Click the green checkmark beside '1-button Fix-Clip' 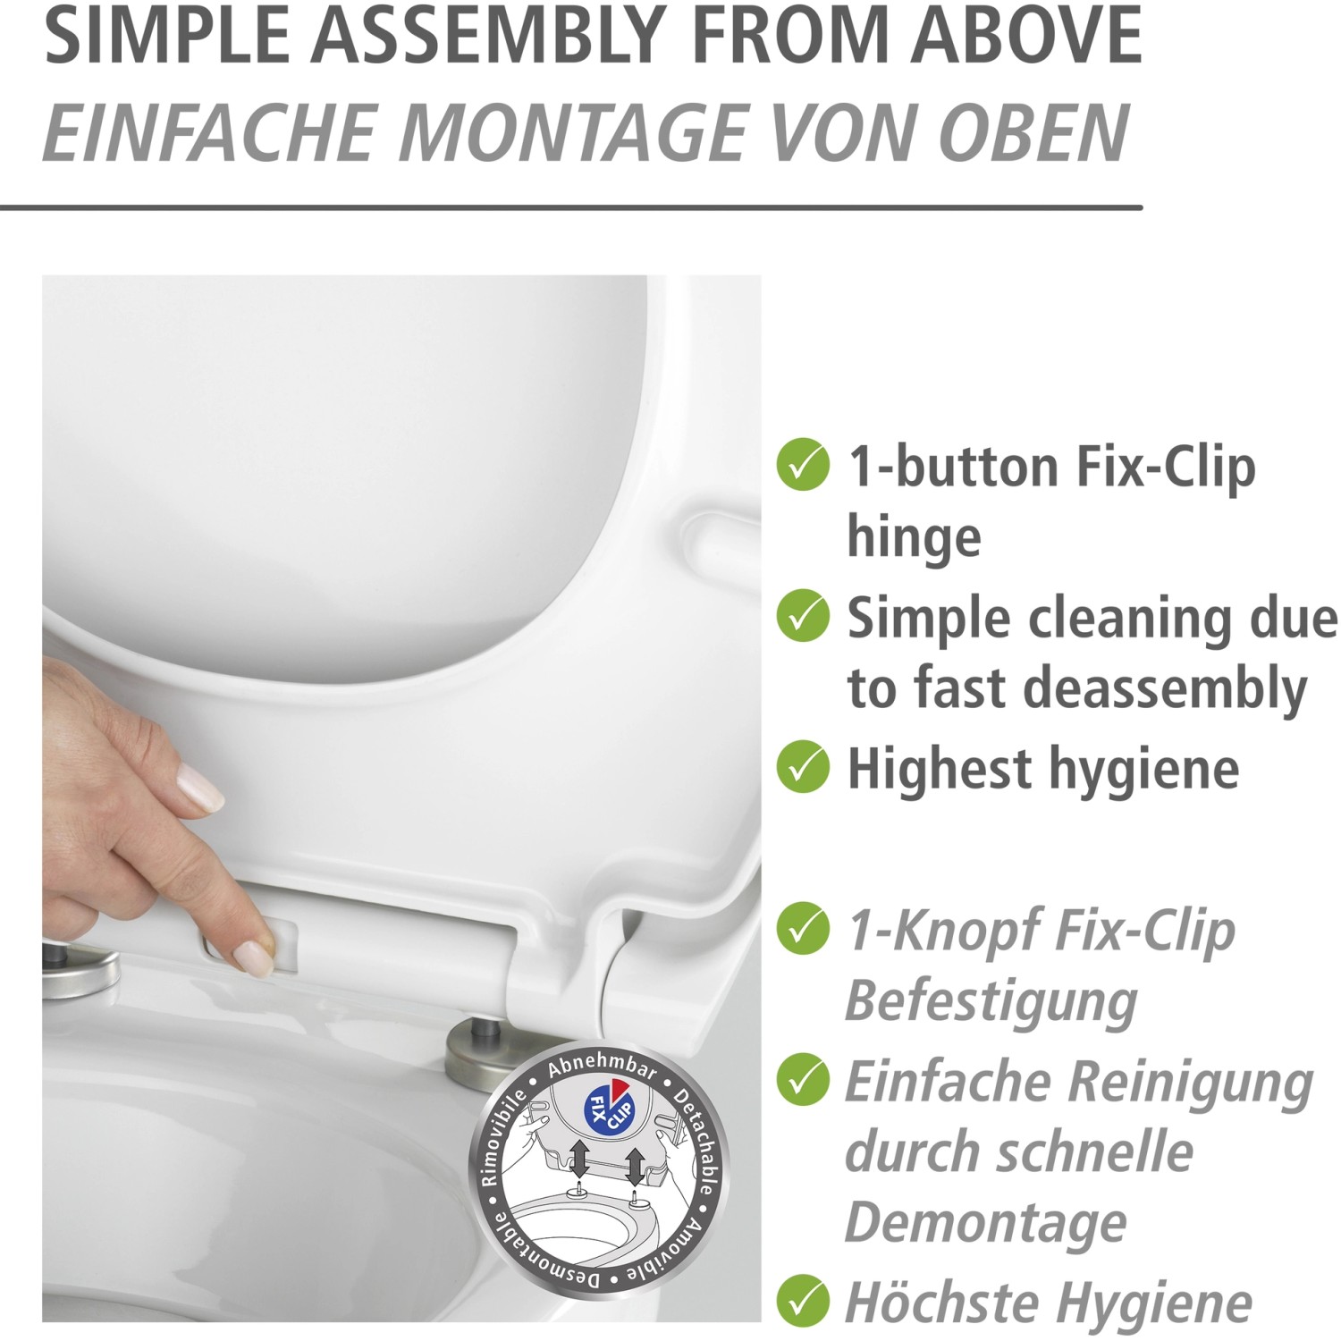(x=803, y=465)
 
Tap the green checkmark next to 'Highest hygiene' (x=803, y=767)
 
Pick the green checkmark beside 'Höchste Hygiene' (x=803, y=1301)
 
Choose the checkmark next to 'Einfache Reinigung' (x=803, y=1079)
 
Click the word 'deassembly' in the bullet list (x=1166, y=688)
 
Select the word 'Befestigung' (x=991, y=1001)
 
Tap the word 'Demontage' (x=985, y=1223)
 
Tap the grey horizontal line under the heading (x=571, y=207)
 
